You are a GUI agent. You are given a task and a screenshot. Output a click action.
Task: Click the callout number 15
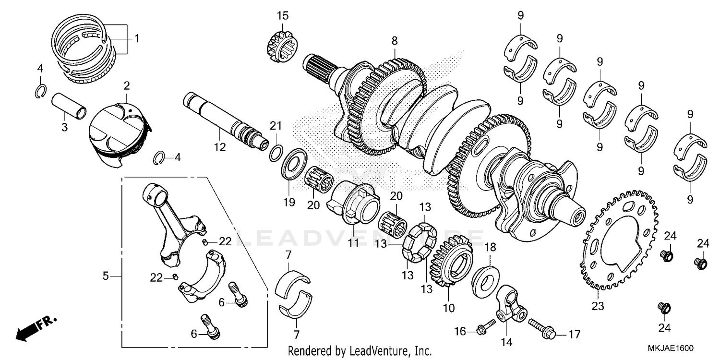[282, 16]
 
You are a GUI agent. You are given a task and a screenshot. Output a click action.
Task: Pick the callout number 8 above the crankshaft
[395, 41]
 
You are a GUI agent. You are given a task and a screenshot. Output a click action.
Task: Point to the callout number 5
[106, 276]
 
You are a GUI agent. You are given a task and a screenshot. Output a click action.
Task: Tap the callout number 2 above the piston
[126, 86]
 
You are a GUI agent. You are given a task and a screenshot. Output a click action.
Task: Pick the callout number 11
[353, 243]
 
